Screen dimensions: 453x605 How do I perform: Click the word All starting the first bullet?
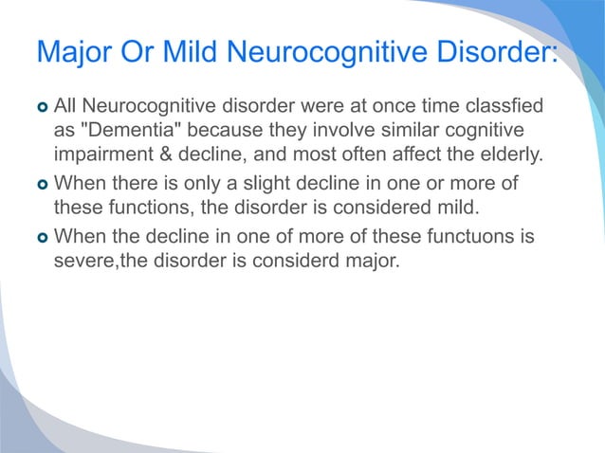click(x=68, y=102)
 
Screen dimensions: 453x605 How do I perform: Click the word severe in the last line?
click(x=82, y=261)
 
